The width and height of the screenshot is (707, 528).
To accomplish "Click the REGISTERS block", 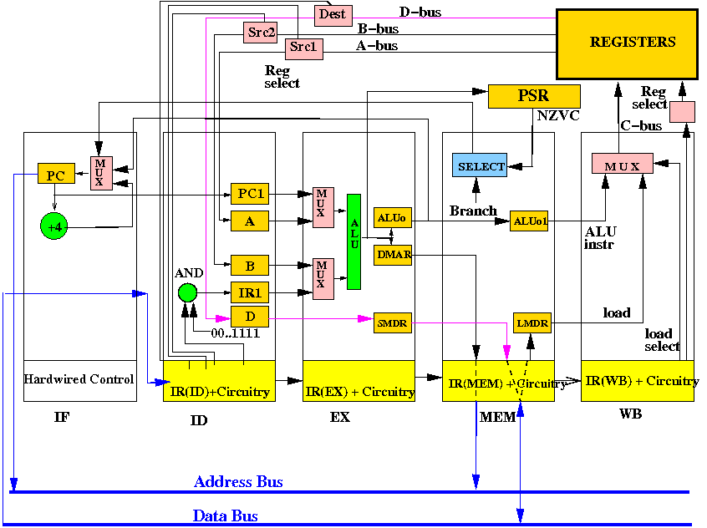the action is [x=628, y=44].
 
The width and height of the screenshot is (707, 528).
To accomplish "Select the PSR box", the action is [x=534, y=96].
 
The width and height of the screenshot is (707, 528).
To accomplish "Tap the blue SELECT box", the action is [x=480, y=165].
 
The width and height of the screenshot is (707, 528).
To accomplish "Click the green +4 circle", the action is [x=54, y=226].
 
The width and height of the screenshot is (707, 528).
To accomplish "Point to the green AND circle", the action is [x=187, y=292].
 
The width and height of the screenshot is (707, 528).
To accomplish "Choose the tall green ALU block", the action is [x=354, y=241].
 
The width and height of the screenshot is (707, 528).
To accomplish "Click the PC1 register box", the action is [x=250, y=194].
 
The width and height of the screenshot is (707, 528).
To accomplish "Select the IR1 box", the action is [x=250, y=292].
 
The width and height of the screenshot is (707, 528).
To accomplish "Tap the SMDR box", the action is [x=392, y=323].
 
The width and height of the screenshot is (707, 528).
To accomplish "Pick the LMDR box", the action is [x=532, y=323].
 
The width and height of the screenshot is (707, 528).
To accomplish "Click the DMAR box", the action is [x=393, y=255].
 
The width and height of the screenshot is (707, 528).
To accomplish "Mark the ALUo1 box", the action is [x=529, y=221].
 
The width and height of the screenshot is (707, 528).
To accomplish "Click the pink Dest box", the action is [x=333, y=15].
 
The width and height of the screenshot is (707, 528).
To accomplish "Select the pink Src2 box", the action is [x=260, y=33].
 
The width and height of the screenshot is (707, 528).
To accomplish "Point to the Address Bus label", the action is [x=238, y=482].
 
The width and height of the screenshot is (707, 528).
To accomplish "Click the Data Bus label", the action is [x=226, y=515].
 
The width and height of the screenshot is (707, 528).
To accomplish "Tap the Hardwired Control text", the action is [x=79, y=378].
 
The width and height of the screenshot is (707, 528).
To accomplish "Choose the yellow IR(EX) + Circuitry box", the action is [x=359, y=381].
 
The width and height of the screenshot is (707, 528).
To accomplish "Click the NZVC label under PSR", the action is [x=558, y=116].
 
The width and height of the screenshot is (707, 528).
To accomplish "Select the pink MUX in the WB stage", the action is [x=623, y=163].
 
